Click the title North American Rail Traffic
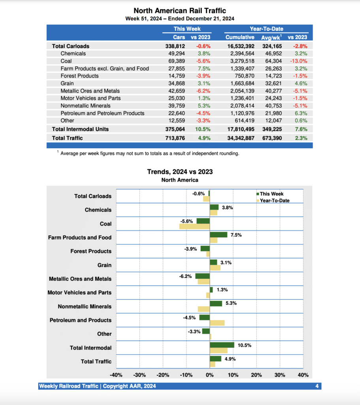tap(180, 11)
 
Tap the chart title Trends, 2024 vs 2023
tap(180, 172)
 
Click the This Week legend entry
tap(271, 194)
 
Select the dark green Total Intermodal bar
tap(222, 345)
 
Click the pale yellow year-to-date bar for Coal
tap(194, 227)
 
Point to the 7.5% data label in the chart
tap(236, 235)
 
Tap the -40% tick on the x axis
tap(116, 375)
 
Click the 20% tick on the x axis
tap(256, 375)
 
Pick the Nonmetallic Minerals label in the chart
tap(85, 307)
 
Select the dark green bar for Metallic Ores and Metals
tap(202, 276)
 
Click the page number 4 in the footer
tap(317, 386)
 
